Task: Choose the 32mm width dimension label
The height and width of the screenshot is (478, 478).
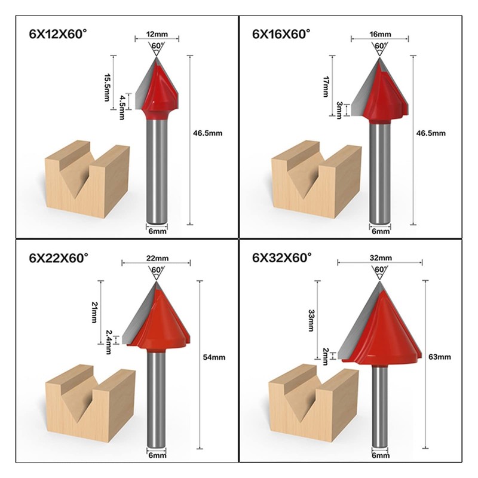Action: point(380,258)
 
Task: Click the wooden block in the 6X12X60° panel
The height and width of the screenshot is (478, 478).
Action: point(87,179)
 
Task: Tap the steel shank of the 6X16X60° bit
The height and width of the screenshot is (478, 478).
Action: point(379,173)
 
